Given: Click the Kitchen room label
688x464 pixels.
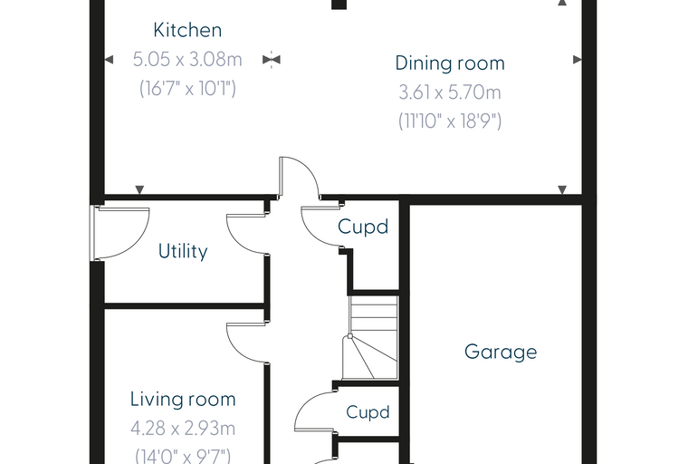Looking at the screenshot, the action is click(x=187, y=30).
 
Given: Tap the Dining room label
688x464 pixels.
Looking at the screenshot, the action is click(x=450, y=63).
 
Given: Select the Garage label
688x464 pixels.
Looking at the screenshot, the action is click(x=501, y=352).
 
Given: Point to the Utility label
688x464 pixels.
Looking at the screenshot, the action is click(x=183, y=251).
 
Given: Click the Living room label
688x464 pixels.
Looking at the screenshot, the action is click(x=183, y=399).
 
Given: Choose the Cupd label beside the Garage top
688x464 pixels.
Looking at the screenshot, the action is click(x=363, y=227).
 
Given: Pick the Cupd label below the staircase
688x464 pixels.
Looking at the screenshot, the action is click(x=368, y=412).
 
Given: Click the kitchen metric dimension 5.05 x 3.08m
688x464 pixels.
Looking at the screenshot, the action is click(x=187, y=59).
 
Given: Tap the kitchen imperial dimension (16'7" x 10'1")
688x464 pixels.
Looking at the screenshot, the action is click(x=187, y=88).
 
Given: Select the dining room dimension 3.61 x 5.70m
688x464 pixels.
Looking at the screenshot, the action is click(x=450, y=92).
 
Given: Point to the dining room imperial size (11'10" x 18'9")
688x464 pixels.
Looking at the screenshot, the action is click(x=450, y=121).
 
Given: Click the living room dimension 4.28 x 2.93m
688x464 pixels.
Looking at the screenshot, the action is click(x=183, y=429).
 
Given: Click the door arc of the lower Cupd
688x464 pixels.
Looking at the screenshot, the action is click(x=304, y=404).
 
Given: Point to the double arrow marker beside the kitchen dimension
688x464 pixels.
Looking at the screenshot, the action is click(x=272, y=59).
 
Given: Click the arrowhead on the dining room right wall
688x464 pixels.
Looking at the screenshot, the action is click(x=578, y=59).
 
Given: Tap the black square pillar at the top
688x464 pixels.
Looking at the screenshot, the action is click(x=339, y=5).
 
